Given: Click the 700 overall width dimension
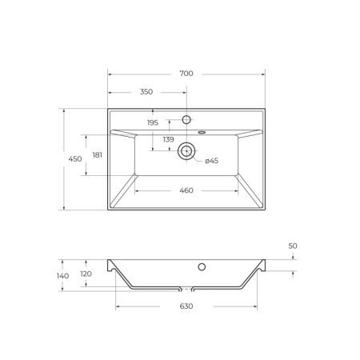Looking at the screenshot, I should (x=186, y=74).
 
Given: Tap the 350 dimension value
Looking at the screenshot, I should (x=146, y=92).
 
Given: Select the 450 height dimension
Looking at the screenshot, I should (x=75, y=159).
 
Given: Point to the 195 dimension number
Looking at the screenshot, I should (x=153, y=122).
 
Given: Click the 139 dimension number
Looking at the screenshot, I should (x=168, y=139).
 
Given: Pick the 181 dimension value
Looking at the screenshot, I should (x=97, y=154).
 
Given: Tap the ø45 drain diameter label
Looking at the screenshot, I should (x=211, y=161).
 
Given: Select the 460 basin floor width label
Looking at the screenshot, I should (x=186, y=190).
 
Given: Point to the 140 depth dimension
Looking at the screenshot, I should (x=63, y=275).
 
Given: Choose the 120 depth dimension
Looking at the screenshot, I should (x=86, y=274).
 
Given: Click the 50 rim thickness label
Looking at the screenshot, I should (x=292, y=246).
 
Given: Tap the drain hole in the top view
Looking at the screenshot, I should (x=186, y=149).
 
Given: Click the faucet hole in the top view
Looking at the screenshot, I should (x=186, y=119).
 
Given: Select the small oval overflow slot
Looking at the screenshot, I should (x=200, y=131).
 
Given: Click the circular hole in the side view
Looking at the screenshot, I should (x=202, y=266).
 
